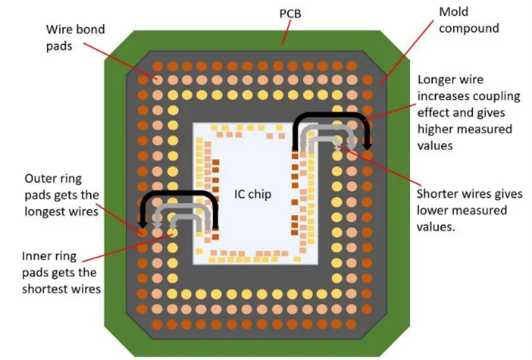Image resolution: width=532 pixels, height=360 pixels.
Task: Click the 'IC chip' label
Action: pos(252,195)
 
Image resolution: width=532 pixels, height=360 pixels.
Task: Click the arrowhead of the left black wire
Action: pos(143,221)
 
